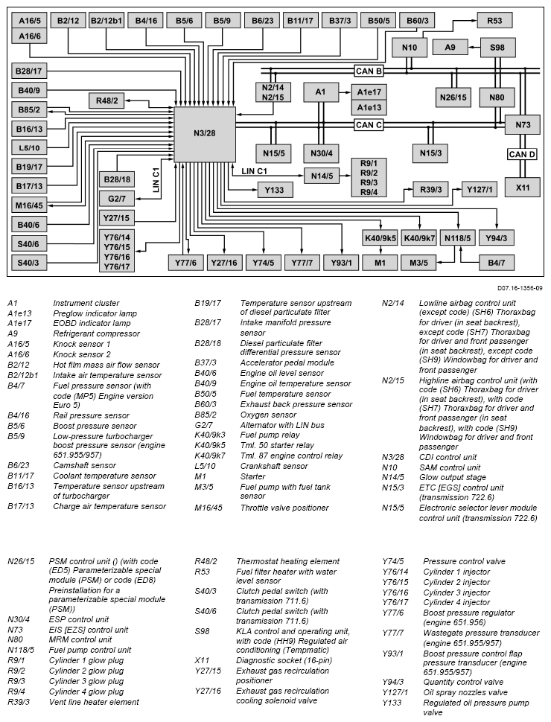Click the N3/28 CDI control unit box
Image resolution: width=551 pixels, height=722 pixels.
tap(204, 133)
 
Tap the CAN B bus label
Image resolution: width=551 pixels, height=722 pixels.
tap(369, 71)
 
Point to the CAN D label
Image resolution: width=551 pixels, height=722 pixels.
tap(522, 154)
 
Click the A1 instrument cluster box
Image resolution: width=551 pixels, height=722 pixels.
tap(321, 92)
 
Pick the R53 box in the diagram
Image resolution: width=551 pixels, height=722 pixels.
tap(494, 20)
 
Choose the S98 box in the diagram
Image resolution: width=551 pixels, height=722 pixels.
tap(497, 48)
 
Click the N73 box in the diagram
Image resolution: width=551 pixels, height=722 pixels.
tap(523, 125)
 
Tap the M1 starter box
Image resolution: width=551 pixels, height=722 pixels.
tap(380, 262)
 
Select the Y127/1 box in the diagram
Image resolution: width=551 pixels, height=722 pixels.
tap(481, 189)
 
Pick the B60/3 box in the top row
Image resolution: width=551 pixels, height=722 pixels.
tap(416, 20)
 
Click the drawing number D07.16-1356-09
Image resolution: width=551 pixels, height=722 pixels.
tap(519, 287)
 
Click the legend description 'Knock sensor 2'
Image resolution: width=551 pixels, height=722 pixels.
tap(81, 354)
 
